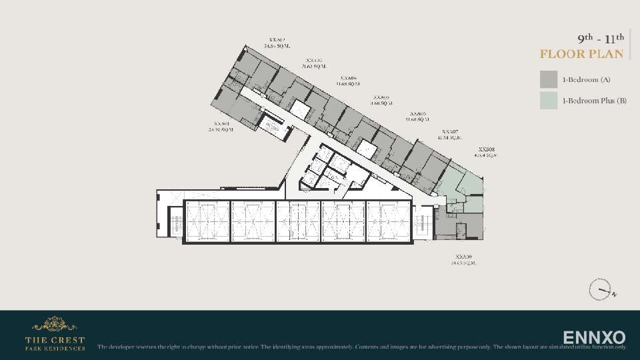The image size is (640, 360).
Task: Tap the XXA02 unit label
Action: (x=277, y=39)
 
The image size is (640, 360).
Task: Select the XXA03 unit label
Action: (x=314, y=61)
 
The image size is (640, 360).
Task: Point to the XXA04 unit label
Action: (x=347, y=78)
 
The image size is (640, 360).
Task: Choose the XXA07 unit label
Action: (x=450, y=132)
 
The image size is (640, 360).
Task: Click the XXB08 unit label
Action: (x=486, y=149)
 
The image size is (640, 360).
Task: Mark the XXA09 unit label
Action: (x=463, y=257)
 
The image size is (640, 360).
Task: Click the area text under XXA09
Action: (x=463, y=263)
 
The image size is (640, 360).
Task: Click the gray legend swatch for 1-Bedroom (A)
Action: (x=549, y=79)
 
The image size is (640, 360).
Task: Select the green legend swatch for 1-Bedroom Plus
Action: (x=549, y=101)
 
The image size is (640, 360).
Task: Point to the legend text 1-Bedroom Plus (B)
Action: (x=594, y=101)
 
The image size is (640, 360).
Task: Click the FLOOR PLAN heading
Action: (x=581, y=54)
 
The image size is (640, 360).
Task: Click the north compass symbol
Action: (x=600, y=290)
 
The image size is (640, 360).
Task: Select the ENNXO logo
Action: (x=594, y=337)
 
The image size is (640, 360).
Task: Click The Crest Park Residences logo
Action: (x=55, y=334)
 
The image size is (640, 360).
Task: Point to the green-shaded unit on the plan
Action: (x=467, y=180)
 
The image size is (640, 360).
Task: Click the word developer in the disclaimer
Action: (x=126, y=347)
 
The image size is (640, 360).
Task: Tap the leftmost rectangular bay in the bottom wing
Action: (x=207, y=221)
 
